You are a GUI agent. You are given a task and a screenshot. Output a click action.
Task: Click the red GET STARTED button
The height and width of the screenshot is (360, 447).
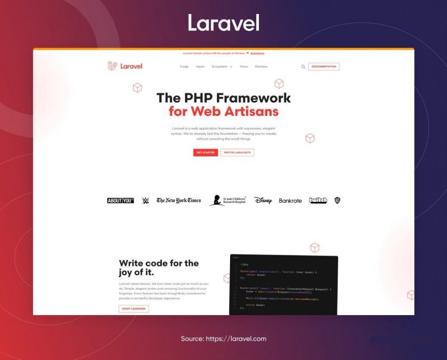point(205,153)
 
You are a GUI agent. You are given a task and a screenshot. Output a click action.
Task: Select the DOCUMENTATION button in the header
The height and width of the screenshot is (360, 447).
point(323,67)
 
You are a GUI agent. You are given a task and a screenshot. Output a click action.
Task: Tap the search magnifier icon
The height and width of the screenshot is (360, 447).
point(303,67)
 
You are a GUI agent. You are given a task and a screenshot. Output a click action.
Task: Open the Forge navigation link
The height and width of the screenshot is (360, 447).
point(184,67)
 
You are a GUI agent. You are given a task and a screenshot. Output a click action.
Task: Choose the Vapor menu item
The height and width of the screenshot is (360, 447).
point(200,67)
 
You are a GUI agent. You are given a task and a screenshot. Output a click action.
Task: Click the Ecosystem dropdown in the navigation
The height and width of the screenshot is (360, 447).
point(222,67)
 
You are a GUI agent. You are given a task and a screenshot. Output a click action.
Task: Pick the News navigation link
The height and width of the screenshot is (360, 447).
point(244,67)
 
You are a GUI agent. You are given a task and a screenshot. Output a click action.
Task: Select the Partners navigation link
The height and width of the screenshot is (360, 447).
point(261,67)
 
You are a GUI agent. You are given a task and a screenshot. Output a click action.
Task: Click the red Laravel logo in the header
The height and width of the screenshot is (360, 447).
point(125,66)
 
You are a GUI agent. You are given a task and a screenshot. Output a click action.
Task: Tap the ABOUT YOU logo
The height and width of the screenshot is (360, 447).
point(120,201)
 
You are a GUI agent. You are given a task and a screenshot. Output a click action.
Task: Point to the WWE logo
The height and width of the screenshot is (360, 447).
point(145,201)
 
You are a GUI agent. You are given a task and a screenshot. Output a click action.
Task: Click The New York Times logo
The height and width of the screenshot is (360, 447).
point(179,200)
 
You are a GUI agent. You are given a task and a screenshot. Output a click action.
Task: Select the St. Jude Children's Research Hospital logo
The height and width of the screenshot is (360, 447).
point(227,200)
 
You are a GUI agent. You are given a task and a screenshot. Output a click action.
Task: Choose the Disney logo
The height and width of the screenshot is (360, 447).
point(263,201)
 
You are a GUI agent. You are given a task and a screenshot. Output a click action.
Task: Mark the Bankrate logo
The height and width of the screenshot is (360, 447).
point(290,201)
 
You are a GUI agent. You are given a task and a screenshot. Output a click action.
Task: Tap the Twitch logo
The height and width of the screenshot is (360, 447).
point(318,200)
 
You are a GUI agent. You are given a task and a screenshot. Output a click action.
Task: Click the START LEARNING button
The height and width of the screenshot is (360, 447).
point(134,309)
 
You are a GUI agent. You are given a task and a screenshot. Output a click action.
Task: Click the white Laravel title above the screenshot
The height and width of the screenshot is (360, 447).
point(223,23)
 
